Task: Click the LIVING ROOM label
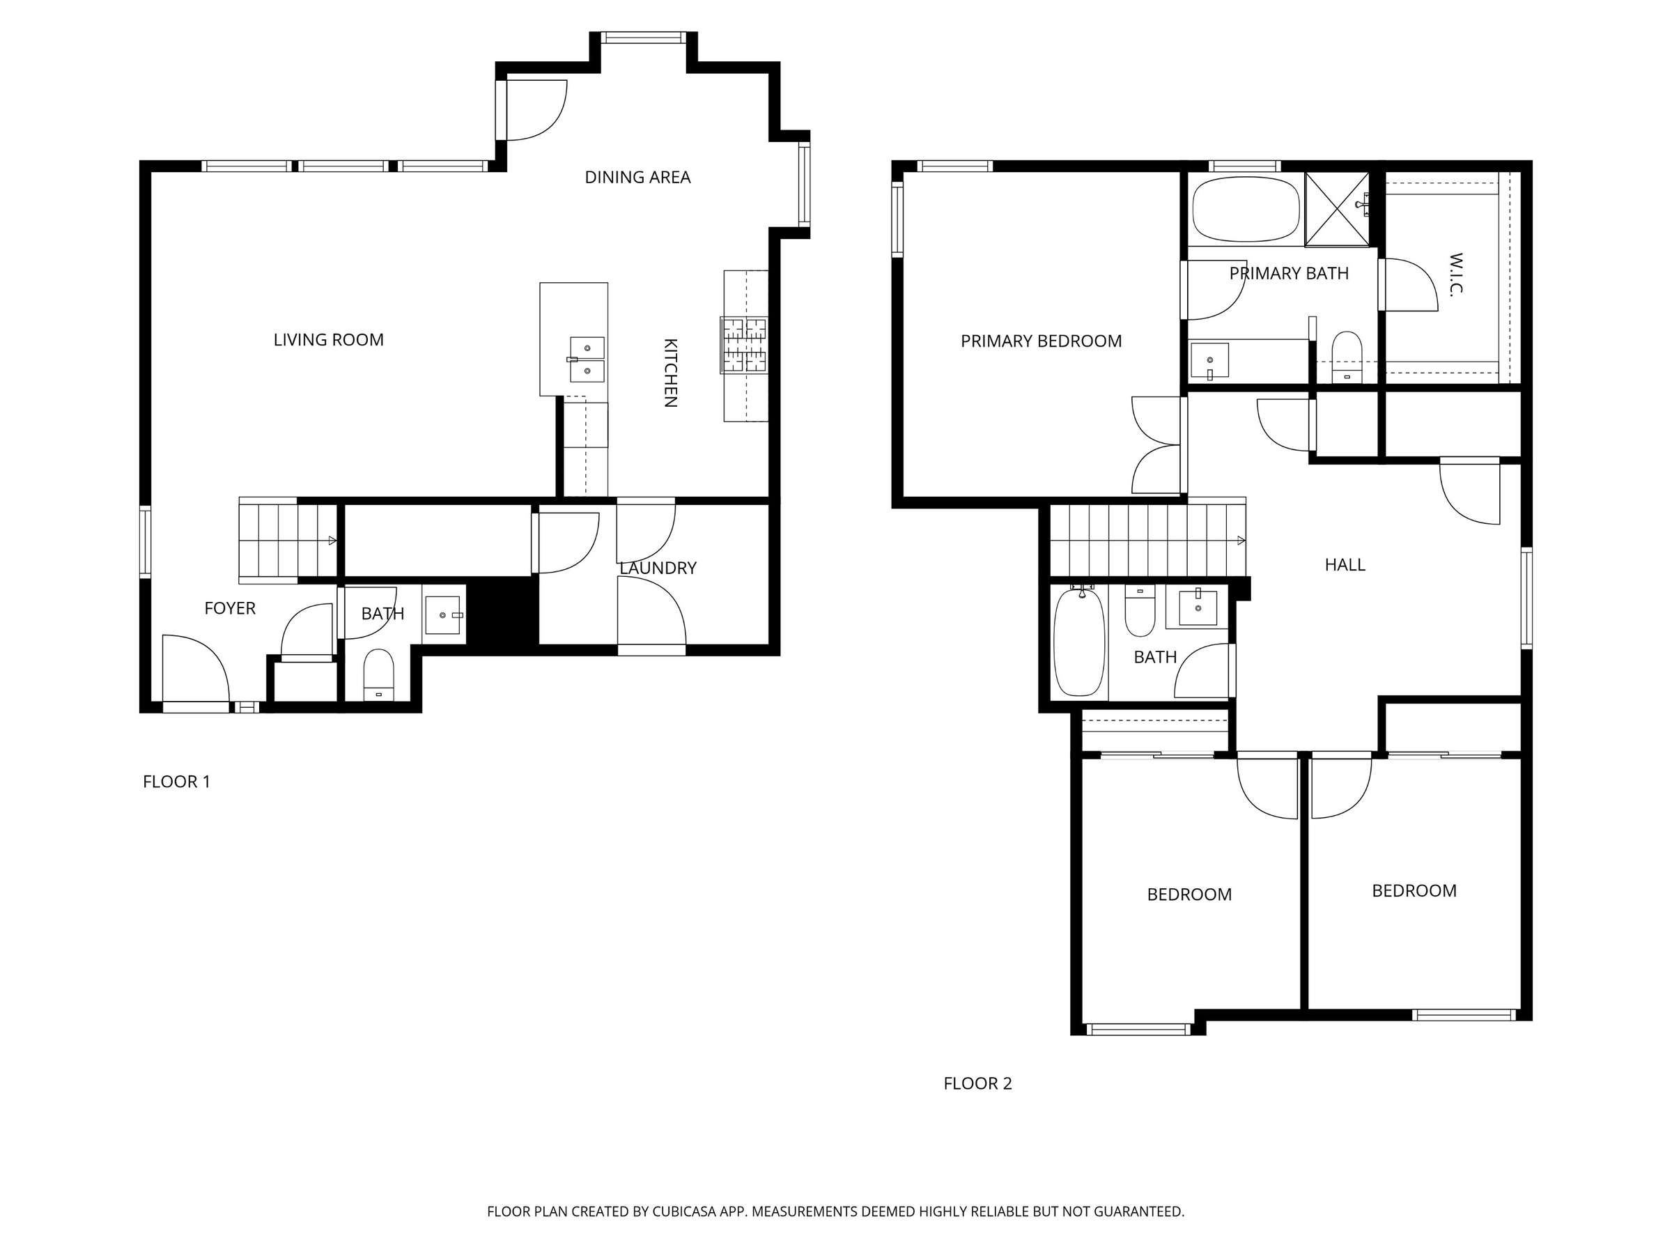pyautogui.click(x=328, y=340)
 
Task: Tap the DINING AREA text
pyautogui.click(x=637, y=177)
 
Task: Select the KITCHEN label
pyautogui.click(x=669, y=373)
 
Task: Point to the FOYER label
pyautogui.click(x=230, y=608)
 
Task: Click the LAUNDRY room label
pyautogui.click(x=658, y=568)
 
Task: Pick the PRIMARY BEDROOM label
pyautogui.click(x=1041, y=341)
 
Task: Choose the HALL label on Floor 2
pyautogui.click(x=1345, y=564)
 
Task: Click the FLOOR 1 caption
pyautogui.click(x=176, y=782)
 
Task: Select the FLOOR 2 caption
pyautogui.click(x=977, y=1083)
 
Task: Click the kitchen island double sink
pyautogui.click(x=587, y=359)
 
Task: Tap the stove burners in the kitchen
pyautogui.click(x=744, y=345)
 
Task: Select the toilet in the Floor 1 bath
pyautogui.click(x=379, y=675)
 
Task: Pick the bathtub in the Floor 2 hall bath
pyautogui.click(x=1079, y=641)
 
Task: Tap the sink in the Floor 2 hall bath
pyautogui.click(x=1198, y=607)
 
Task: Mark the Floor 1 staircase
pyautogui.click(x=288, y=540)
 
